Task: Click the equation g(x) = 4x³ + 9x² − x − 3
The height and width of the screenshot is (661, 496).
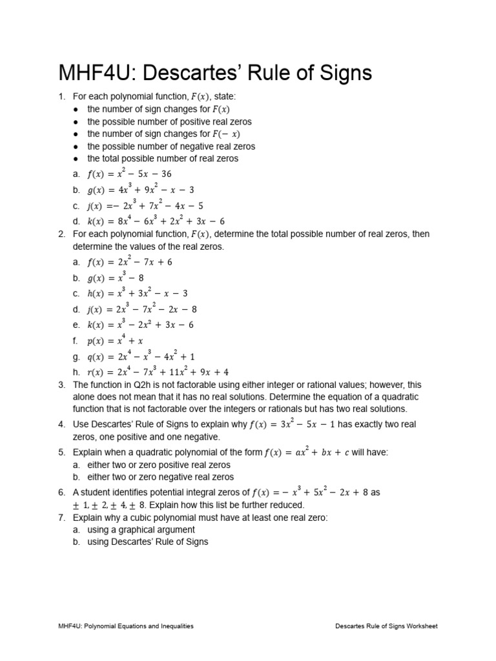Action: [x=140, y=190]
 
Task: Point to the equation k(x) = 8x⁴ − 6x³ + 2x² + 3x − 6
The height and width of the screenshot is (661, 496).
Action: [x=156, y=221]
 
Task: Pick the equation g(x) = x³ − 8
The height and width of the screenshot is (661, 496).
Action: [x=115, y=278]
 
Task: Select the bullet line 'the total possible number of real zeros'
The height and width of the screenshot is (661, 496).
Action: [x=163, y=158]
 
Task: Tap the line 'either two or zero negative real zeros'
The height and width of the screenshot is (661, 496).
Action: [x=160, y=477]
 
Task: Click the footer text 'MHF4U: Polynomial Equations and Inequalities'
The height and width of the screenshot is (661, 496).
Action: [x=126, y=626]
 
